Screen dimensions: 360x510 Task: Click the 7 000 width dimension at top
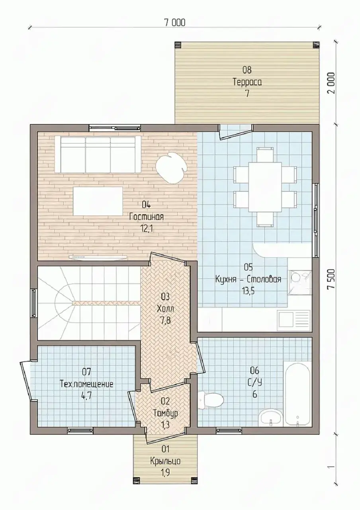174,23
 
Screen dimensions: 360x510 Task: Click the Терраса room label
247,82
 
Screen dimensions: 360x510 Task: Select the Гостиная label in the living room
146,216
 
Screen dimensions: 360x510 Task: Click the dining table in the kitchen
265,187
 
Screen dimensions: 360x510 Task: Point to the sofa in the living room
98,154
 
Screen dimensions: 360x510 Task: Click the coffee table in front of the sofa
98,201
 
